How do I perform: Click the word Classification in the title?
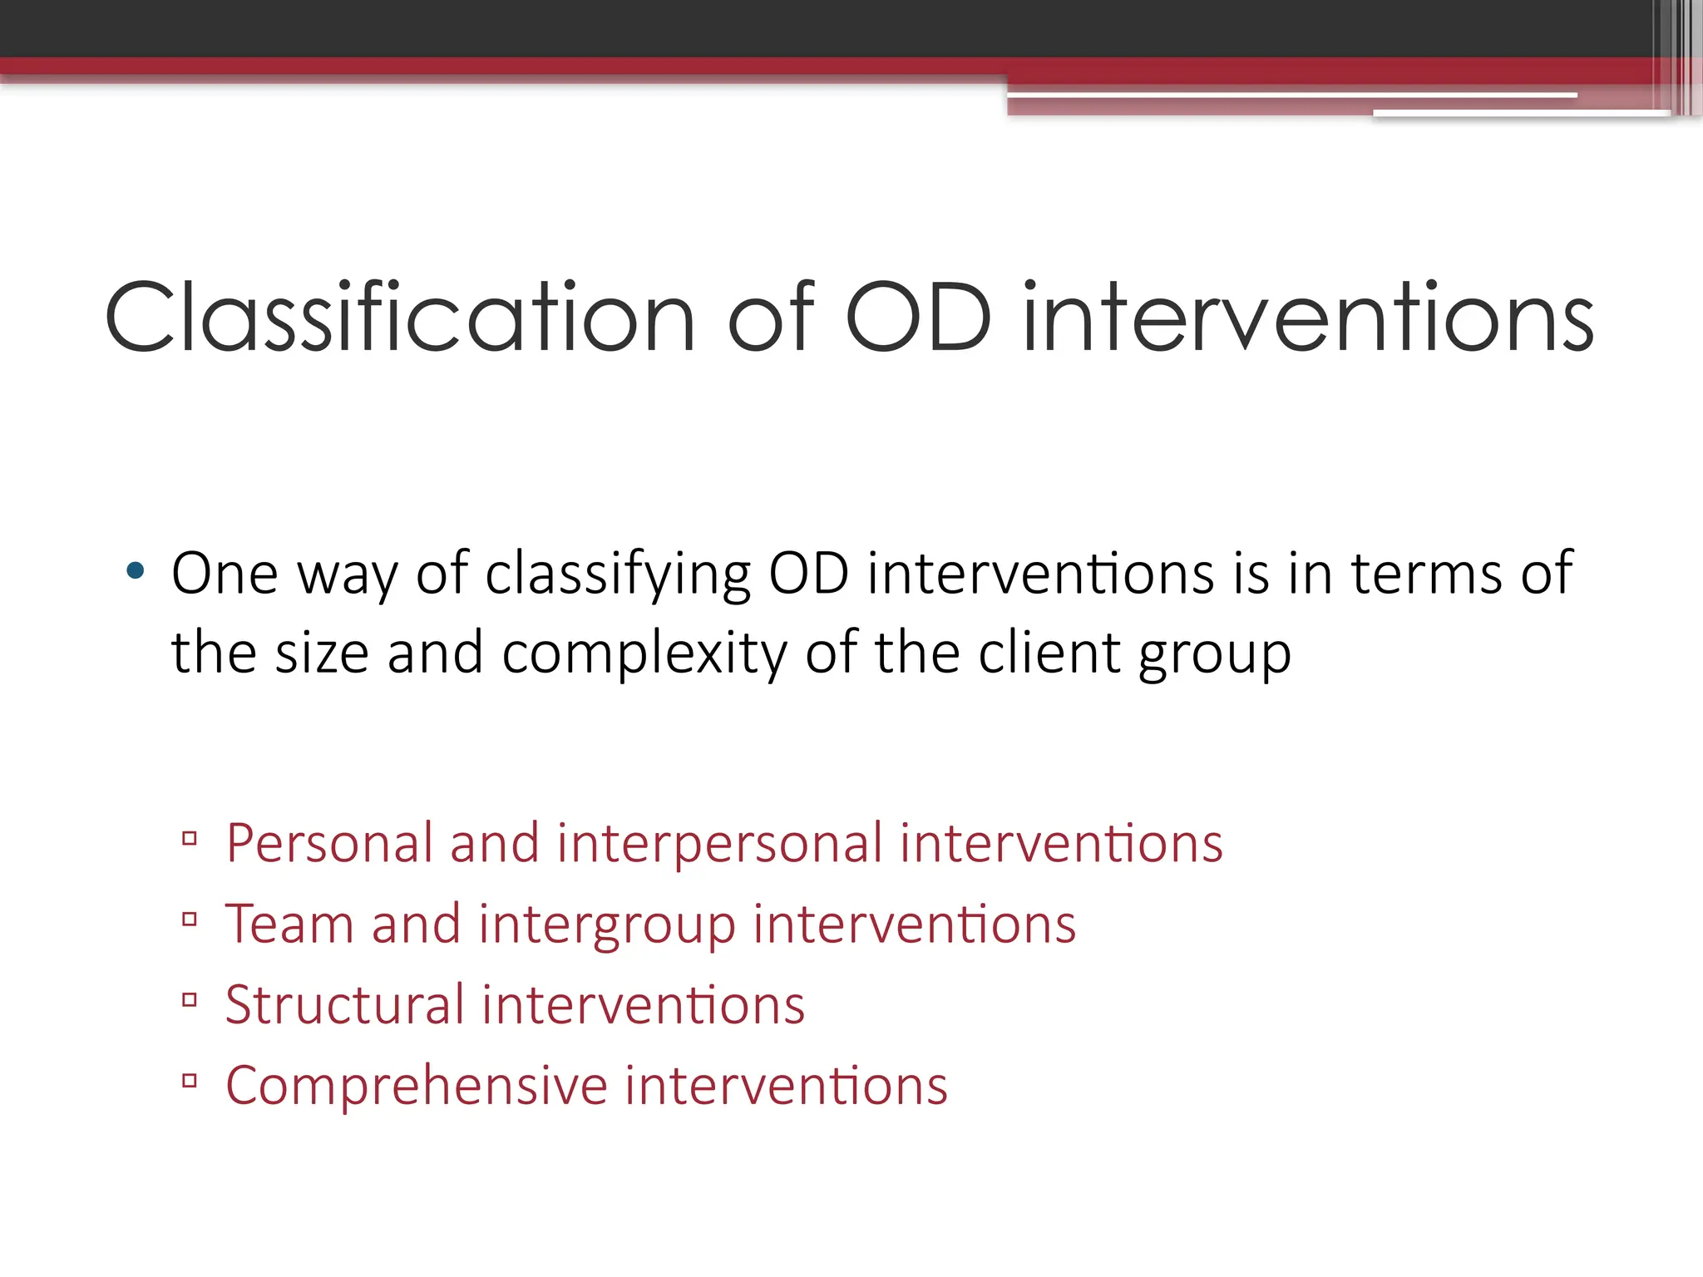399,318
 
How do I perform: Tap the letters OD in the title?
918,318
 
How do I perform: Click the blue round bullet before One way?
135,571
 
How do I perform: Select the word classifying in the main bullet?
618,574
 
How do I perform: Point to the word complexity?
644,653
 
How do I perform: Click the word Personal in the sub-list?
329,843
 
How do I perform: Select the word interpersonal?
719,845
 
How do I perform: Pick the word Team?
289,924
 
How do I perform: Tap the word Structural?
344,1004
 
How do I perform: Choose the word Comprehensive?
417,1086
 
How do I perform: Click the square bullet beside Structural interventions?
190,1000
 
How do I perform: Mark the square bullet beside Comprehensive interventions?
190,1081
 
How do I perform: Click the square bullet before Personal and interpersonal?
190,838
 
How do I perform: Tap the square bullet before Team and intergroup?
190,920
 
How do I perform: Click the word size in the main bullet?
322,653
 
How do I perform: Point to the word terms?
1426,574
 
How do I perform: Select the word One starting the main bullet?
224,574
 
